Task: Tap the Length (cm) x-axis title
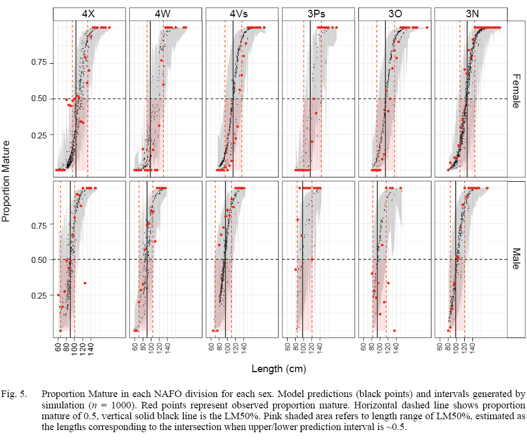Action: tap(278, 369)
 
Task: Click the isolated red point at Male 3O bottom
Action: tap(395, 330)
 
